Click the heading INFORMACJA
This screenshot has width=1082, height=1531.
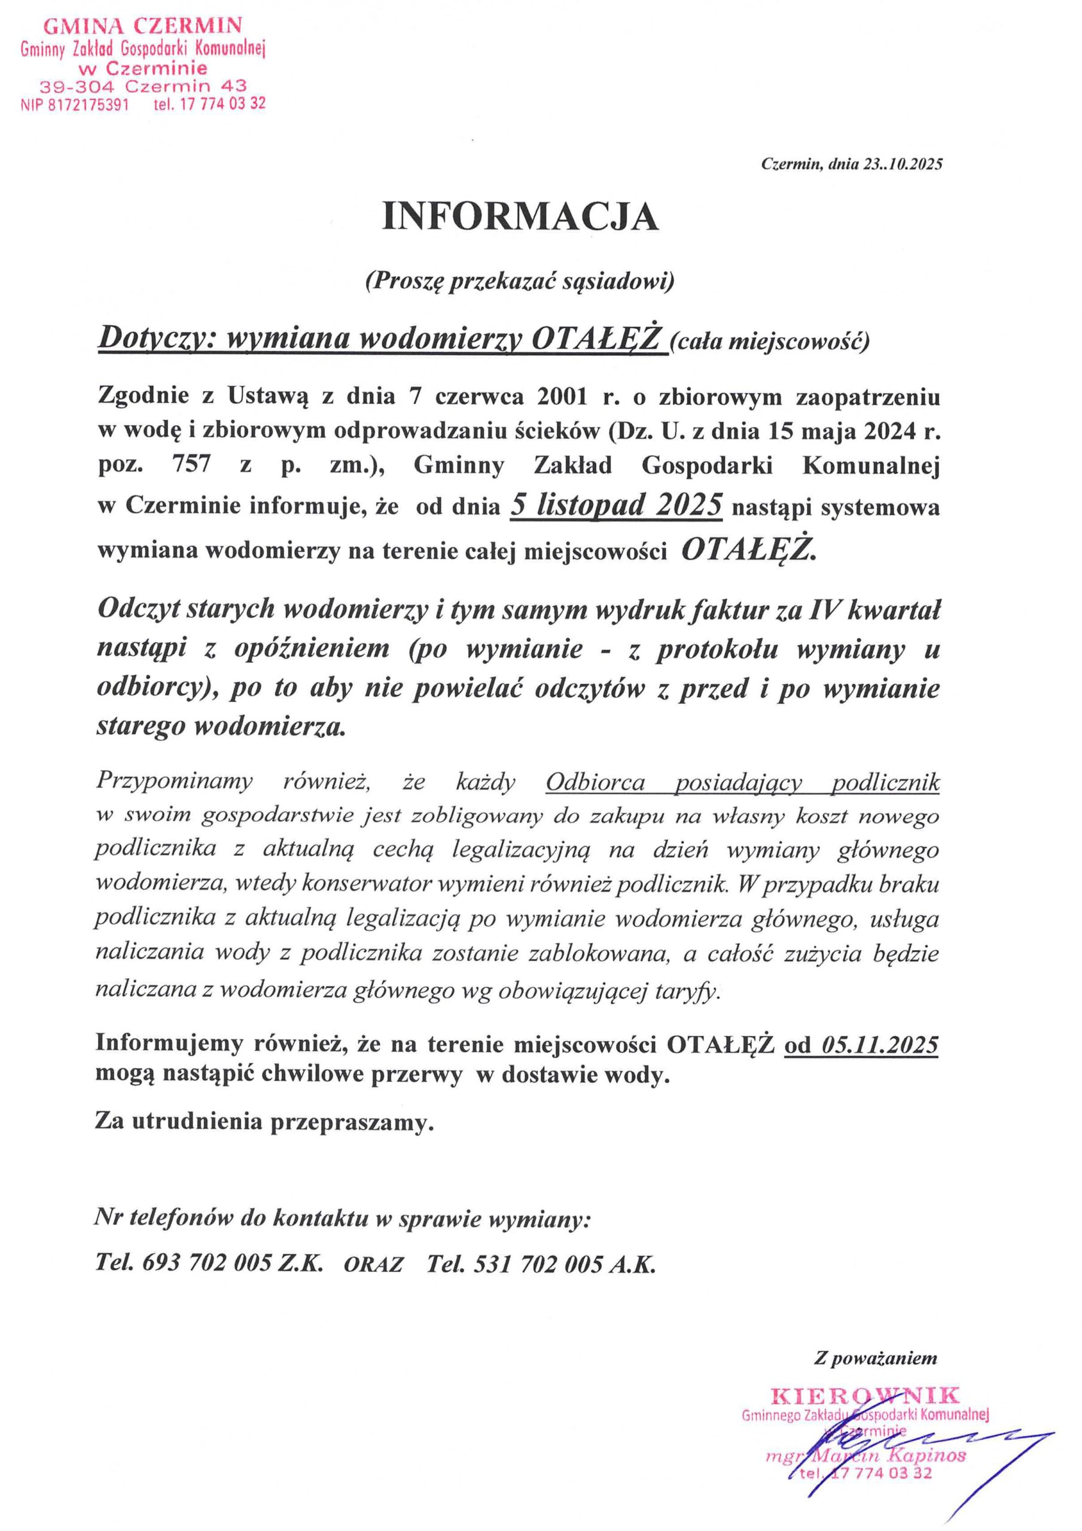pos(520,216)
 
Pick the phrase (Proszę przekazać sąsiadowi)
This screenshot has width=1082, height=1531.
pos(520,282)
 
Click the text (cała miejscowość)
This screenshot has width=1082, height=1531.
pos(769,343)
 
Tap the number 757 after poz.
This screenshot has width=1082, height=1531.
pos(191,464)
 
